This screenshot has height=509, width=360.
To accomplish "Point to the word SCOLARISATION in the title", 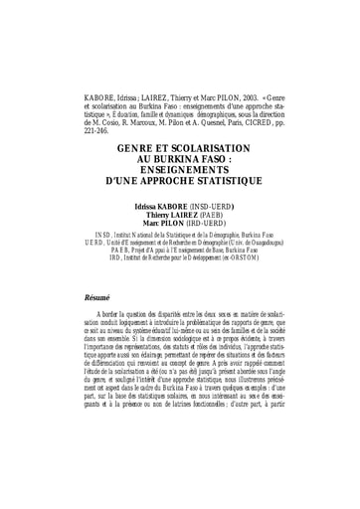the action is [x=220, y=146].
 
